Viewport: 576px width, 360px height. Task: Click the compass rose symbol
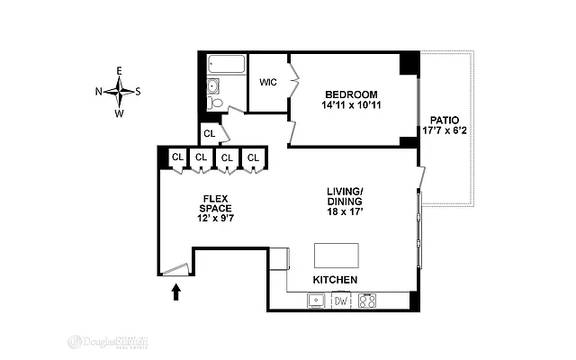(x=119, y=90)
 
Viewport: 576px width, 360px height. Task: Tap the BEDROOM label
(x=351, y=94)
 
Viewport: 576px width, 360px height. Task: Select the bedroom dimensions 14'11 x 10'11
(x=351, y=106)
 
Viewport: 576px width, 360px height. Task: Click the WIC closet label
(x=267, y=83)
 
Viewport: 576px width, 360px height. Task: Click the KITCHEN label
(x=335, y=281)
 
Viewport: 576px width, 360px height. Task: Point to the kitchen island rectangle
(x=336, y=255)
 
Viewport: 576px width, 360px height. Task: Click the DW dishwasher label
(x=340, y=301)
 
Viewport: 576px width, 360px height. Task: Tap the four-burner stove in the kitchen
(x=368, y=301)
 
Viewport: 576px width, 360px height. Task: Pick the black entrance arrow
(x=175, y=290)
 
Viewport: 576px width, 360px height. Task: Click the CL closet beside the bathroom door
(x=209, y=134)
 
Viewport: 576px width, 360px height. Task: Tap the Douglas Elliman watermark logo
(x=109, y=342)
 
